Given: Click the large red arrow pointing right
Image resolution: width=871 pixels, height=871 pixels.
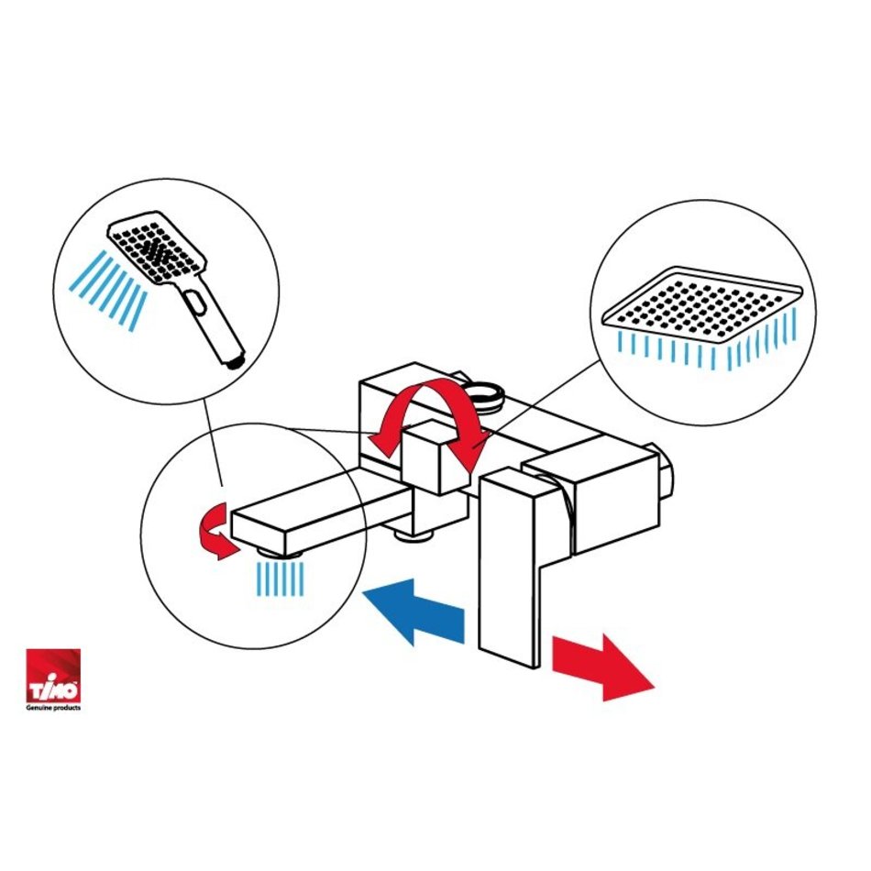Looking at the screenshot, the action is coord(601,667).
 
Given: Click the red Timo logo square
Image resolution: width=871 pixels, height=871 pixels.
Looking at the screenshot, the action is coord(53,675).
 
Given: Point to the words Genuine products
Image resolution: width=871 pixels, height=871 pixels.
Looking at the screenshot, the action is coord(53,708).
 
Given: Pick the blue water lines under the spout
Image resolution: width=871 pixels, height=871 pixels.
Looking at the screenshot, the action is coord(281,579).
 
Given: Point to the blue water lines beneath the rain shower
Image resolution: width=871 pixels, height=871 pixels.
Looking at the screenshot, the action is coord(708,345).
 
